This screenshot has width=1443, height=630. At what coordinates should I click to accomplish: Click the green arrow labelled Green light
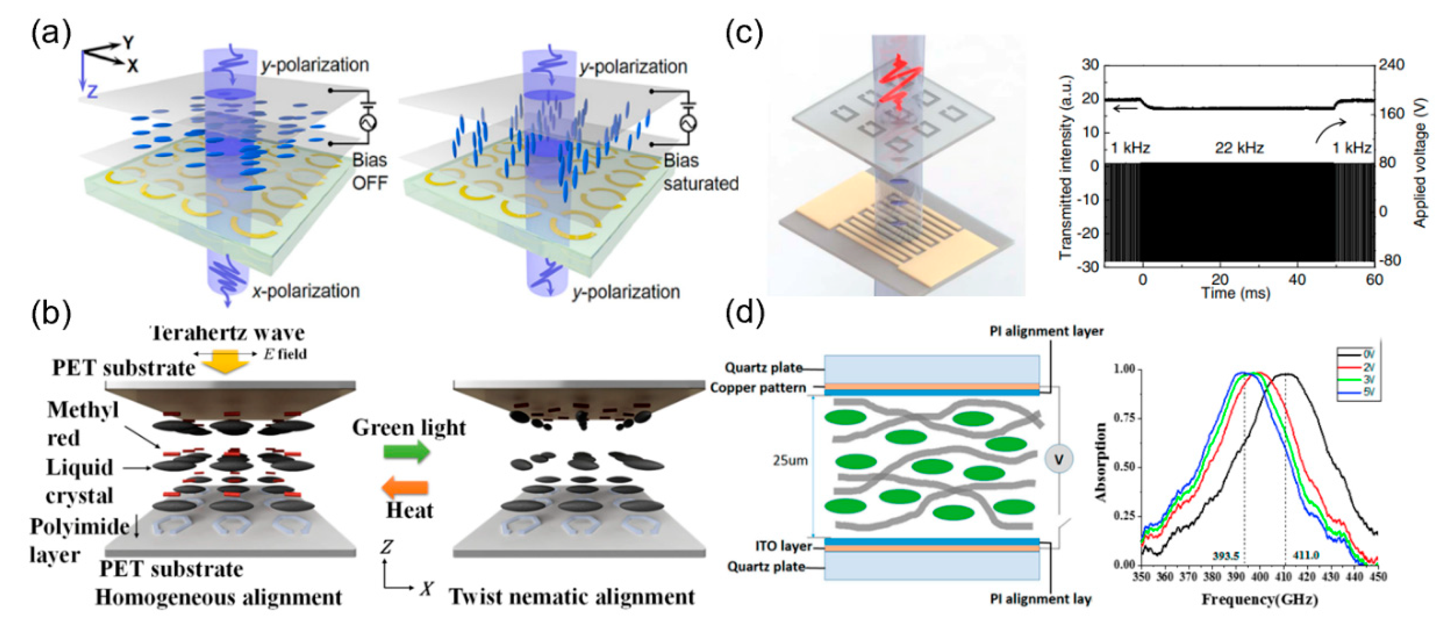(407, 451)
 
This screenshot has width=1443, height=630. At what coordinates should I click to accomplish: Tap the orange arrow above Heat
(406, 487)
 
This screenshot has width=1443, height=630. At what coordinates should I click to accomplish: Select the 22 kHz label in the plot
(1239, 148)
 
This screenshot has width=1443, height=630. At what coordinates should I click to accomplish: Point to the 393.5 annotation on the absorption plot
(1226, 556)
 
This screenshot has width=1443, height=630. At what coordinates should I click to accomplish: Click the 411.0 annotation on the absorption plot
(1306, 555)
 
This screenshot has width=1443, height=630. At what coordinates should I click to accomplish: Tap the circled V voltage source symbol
(1059, 460)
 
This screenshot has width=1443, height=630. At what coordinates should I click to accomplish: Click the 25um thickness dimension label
(790, 460)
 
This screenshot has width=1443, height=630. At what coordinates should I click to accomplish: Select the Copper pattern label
(758, 387)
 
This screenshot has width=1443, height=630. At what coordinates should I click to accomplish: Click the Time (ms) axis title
(1236, 293)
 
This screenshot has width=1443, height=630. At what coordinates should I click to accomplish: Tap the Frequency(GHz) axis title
(1259, 599)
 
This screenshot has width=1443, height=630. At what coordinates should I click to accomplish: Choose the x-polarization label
(305, 291)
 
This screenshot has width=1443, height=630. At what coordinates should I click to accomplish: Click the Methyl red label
(83, 423)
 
